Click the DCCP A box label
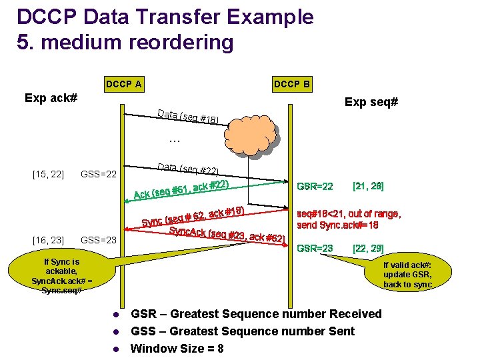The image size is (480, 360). pyautogui.click(x=123, y=84)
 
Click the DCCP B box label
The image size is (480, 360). pyautogui.click(x=291, y=84)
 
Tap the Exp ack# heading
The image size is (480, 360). pyautogui.click(x=51, y=98)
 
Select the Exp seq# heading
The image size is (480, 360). pyautogui.click(x=371, y=102)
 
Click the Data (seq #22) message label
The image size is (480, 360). pyautogui.click(x=188, y=169)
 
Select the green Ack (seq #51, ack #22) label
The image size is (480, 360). pyautogui.click(x=181, y=189)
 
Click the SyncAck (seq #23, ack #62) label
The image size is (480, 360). pyautogui.click(x=227, y=234)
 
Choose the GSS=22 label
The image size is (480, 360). pyautogui.click(x=99, y=175)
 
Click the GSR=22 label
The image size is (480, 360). pyautogui.click(x=315, y=186)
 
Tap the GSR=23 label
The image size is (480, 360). pyautogui.click(x=315, y=248)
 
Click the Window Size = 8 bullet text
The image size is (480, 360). pyautogui.click(x=177, y=349)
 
